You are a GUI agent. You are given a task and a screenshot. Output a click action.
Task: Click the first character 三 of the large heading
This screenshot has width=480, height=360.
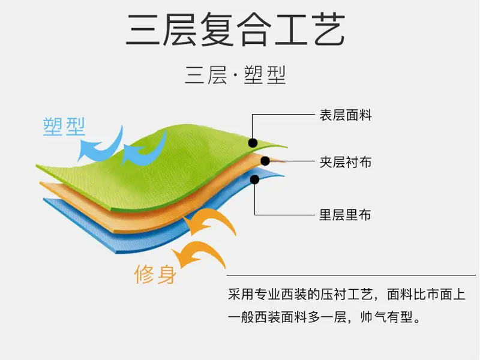(x=144, y=29)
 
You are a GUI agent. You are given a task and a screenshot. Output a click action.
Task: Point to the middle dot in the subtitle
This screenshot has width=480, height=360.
(x=235, y=76)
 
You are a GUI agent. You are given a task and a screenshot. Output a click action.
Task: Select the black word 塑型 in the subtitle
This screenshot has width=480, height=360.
(x=265, y=75)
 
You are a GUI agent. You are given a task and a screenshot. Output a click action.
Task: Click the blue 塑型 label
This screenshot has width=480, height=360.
(x=64, y=127)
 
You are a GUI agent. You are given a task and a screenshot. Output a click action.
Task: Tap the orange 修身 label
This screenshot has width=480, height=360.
(x=155, y=274)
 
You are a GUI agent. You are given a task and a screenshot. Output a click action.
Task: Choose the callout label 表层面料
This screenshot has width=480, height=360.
(x=346, y=115)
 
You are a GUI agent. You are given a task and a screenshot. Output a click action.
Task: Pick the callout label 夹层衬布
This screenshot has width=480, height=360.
(x=346, y=162)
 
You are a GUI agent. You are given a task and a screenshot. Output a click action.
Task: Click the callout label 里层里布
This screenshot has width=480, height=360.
(x=345, y=215)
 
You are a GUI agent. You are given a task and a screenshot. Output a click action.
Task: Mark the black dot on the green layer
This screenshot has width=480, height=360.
(x=253, y=143)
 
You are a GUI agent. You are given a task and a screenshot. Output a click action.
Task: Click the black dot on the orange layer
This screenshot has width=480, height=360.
(x=265, y=161)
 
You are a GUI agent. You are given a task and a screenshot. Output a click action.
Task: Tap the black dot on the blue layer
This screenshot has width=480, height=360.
(x=254, y=179)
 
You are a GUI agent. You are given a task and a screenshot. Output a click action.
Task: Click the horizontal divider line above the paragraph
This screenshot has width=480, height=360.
(x=351, y=275)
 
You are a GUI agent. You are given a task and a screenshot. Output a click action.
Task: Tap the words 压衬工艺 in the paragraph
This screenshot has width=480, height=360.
(x=347, y=295)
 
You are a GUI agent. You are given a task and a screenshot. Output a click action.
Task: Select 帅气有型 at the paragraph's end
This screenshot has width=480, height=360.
(x=386, y=317)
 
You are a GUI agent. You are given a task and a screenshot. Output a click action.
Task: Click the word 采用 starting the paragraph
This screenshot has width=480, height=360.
(x=241, y=295)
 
